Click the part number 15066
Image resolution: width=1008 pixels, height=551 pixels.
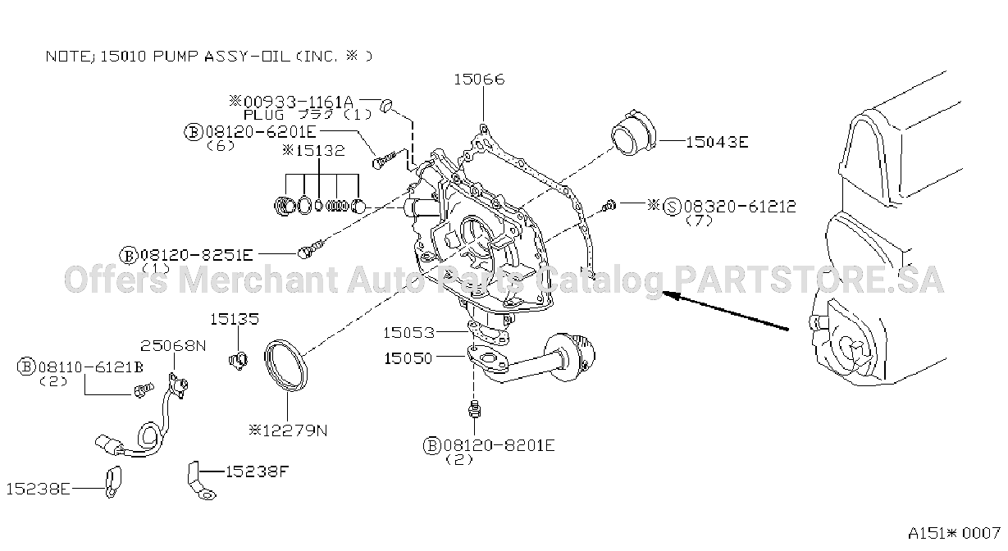479,80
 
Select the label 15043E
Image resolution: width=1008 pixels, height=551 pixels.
717,142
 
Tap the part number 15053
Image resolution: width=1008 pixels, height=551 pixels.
408,333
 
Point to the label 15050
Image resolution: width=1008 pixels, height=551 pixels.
408,358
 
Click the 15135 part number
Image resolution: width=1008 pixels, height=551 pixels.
235,319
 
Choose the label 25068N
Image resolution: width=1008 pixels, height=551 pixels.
173,345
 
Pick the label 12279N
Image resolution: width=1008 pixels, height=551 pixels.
294,431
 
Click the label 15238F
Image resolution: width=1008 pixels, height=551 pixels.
257,471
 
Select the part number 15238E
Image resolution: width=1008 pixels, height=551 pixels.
39,489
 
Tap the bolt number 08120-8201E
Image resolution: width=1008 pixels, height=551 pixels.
499,446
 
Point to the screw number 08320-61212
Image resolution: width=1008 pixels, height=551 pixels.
741,207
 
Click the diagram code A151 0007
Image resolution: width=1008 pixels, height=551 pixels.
954,533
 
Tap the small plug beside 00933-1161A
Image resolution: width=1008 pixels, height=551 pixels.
386,105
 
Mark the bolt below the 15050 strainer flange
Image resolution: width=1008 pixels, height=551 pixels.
474,408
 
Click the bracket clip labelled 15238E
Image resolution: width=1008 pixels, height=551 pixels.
113,482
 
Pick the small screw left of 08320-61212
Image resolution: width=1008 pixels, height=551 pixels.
609,205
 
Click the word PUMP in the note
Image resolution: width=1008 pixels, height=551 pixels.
176,57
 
